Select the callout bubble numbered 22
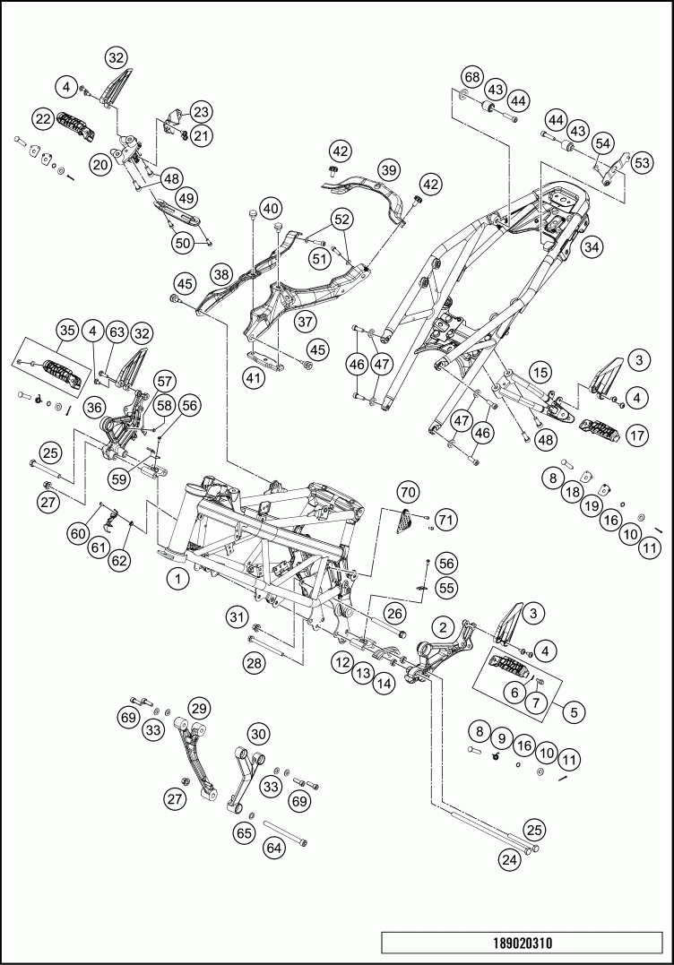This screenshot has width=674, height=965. pyautogui.click(x=43, y=117)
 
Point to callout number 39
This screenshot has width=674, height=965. pyautogui.click(x=387, y=169)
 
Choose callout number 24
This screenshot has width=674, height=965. pyautogui.click(x=509, y=860)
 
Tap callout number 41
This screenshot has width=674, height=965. pyautogui.click(x=255, y=379)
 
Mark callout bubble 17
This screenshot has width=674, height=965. pyautogui.click(x=637, y=436)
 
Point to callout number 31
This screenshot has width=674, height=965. pyautogui.click(x=236, y=616)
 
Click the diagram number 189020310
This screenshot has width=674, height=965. pyautogui.click(x=523, y=943)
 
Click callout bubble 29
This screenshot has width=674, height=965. pyautogui.click(x=198, y=707)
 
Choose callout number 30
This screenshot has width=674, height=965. pyautogui.click(x=259, y=734)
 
